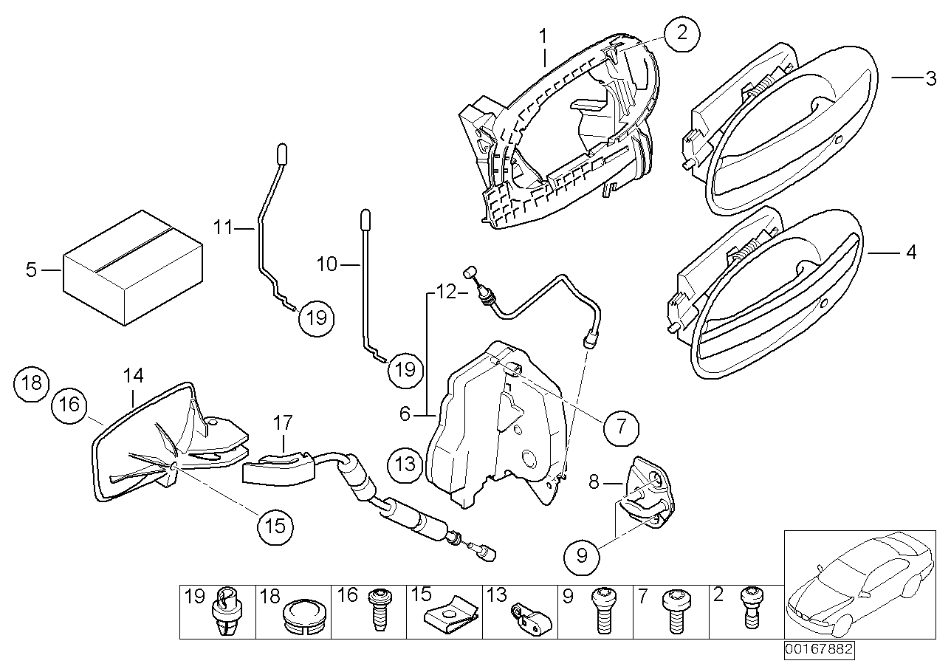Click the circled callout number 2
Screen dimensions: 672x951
[x=681, y=33]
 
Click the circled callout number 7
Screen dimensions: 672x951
[x=621, y=425]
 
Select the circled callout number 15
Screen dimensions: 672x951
[x=275, y=526]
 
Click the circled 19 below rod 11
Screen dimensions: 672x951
[x=316, y=318]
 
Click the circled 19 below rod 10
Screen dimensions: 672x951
[x=405, y=368]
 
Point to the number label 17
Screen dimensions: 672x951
[x=284, y=423]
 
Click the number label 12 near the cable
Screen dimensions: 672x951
[x=447, y=293]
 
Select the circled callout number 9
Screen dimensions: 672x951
[x=583, y=555]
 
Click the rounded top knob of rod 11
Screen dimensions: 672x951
[x=281, y=151]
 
